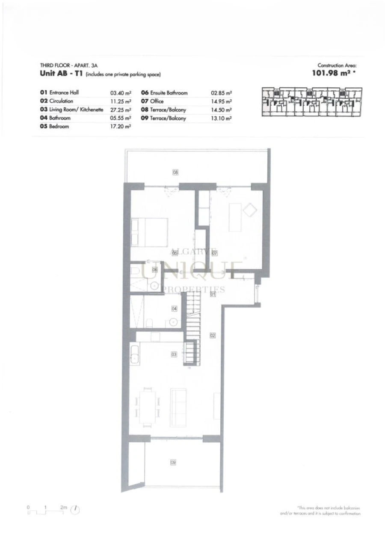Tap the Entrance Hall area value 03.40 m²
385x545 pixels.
[x=120, y=92]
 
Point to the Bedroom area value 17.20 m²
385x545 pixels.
[x=120, y=127]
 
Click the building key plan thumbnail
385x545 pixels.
[x=311, y=102]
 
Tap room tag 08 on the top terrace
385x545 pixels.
[x=175, y=172]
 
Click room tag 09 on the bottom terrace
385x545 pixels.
[x=173, y=462]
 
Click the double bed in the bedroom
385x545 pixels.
[x=149, y=232]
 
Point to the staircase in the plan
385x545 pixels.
[x=192, y=325]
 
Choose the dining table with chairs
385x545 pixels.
[x=148, y=407]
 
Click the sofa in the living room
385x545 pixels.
[x=178, y=407]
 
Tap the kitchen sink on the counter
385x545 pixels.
[x=134, y=355]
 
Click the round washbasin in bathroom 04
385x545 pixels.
[x=173, y=322]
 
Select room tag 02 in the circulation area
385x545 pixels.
[x=213, y=335]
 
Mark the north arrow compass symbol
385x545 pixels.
[x=76, y=509]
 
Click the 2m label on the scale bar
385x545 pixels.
[x=64, y=507]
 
